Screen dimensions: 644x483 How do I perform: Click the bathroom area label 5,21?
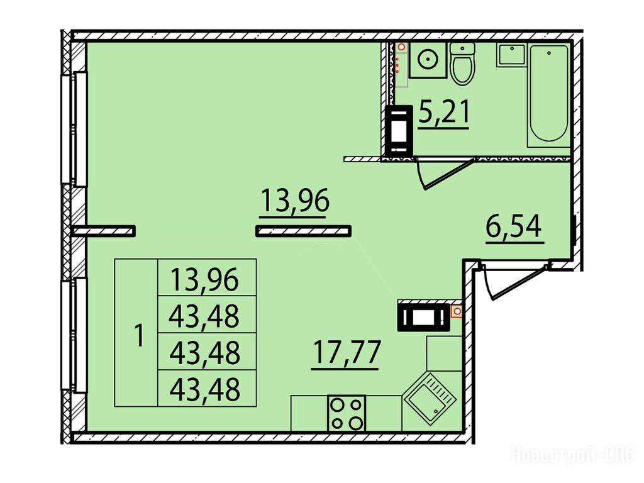point(443,113)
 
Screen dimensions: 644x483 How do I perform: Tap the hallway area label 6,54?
point(514,227)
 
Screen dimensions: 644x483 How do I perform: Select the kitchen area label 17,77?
point(347,353)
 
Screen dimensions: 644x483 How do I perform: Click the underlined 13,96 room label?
point(294,201)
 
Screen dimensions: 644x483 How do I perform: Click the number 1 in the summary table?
point(140,335)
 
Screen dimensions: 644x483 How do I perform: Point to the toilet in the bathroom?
point(462,64)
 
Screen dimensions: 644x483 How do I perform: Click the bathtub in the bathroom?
point(548,96)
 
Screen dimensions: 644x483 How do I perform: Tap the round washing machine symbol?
point(428,60)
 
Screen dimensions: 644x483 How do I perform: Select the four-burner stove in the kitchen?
point(347,413)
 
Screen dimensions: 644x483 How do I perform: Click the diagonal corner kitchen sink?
point(430,397)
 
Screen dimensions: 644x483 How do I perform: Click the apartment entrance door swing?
point(516,282)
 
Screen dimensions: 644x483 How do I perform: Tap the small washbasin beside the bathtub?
point(511,55)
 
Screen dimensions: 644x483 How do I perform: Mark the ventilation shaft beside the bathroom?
point(399,131)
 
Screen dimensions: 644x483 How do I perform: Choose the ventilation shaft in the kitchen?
point(423,316)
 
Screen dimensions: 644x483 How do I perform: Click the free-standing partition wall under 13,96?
point(303,231)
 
